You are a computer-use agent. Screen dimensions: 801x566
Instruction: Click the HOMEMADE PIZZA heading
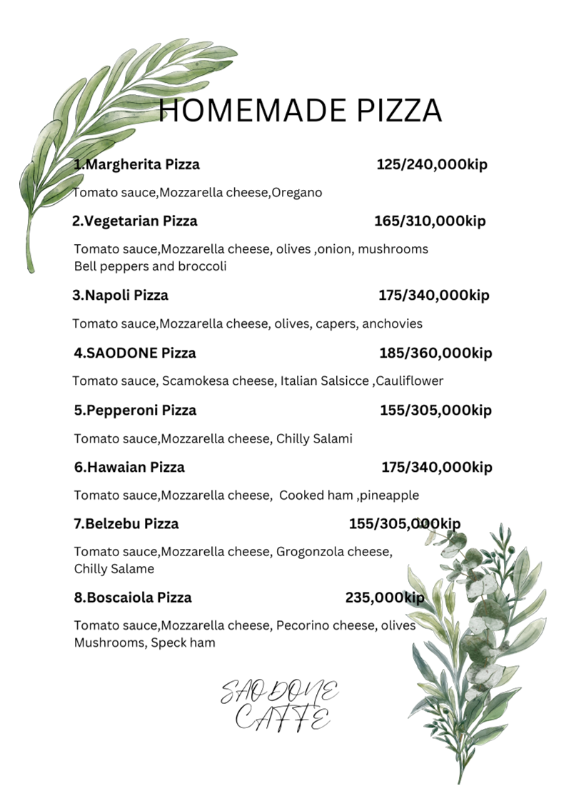pos(300,111)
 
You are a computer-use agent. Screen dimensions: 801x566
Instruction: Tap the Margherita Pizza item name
pos(137,165)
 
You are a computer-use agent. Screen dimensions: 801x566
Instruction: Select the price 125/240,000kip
pos(432,165)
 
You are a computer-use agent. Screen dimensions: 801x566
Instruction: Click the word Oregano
pos(298,193)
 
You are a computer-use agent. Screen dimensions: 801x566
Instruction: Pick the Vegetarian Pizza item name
pos(135,221)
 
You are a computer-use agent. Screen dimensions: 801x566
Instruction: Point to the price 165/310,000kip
pos(430,221)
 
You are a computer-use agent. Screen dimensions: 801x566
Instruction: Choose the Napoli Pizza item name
pos(121,296)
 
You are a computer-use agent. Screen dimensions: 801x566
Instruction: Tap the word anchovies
pos(393,324)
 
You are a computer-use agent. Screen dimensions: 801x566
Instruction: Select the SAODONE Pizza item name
pos(135,353)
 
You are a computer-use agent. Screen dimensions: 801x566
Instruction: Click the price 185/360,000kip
pos(435,353)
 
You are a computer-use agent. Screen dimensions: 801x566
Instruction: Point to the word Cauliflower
pos(410,381)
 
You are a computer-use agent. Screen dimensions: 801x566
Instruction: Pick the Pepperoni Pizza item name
pos(135,410)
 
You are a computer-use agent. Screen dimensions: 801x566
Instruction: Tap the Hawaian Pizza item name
pos(129,468)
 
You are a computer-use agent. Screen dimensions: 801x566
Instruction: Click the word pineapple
pos(390,495)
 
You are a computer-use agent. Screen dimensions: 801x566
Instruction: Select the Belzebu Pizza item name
pos(126,524)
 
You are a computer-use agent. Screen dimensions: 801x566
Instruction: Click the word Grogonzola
pos(311,552)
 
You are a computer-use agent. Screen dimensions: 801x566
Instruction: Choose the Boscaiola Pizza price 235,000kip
pos(385,598)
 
